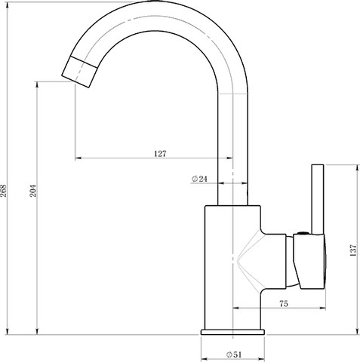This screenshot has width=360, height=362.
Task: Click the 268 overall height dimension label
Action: tap(4, 191)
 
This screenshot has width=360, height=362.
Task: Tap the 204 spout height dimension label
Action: tap(33, 191)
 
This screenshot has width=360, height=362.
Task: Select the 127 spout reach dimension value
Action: tap(160, 154)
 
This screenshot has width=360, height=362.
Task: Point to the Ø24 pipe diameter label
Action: tap(199, 179)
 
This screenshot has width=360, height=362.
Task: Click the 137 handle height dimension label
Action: tap(353, 250)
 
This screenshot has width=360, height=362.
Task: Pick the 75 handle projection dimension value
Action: tap(284, 304)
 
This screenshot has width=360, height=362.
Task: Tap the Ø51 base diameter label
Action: tap(234, 354)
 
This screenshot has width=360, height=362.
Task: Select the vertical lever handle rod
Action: tap(318, 199)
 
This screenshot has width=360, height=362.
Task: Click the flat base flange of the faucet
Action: tap(232, 332)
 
